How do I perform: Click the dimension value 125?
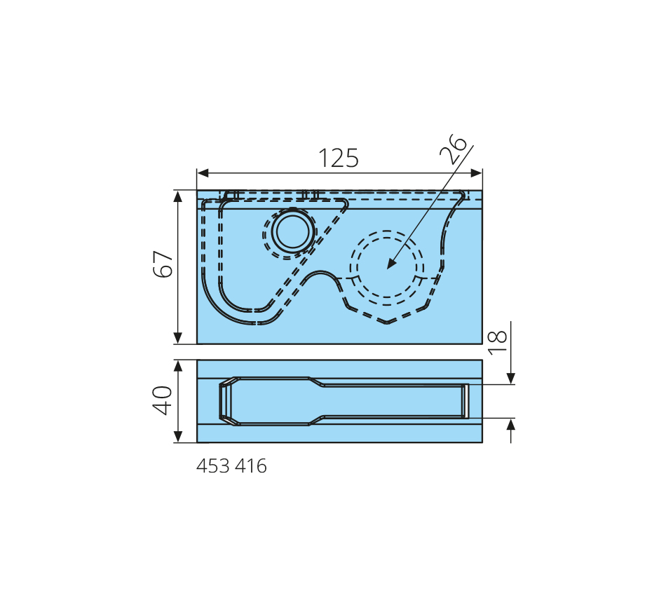point(339,158)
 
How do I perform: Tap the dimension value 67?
point(163,264)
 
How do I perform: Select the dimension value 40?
point(162,400)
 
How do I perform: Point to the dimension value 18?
point(497,342)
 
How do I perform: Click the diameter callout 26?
point(453,149)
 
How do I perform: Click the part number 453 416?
point(231,466)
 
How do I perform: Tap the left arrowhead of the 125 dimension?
point(203,173)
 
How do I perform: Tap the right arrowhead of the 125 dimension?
point(476,173)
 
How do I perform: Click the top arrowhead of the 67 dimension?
point(178,197)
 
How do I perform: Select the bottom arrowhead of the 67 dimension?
point(178,338)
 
